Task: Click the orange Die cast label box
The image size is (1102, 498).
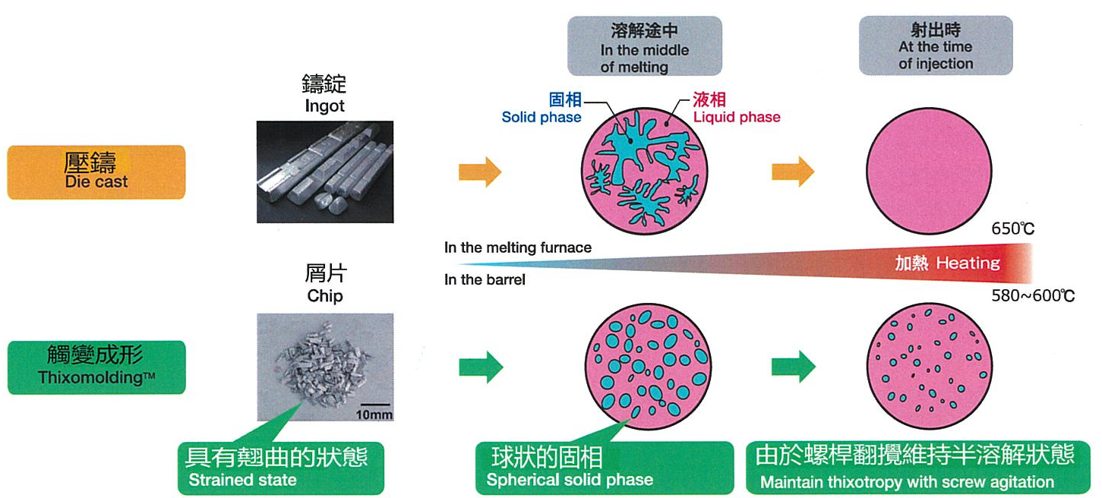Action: pos(96,172)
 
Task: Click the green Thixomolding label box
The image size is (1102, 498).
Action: pos(96,367)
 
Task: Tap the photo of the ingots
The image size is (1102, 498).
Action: pos(325,172)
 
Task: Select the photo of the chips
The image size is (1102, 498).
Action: pos(325,367)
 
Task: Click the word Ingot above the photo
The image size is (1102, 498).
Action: pos(325,106)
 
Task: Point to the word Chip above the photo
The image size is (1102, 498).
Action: pos(325,295)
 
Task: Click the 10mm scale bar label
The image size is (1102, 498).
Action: pos(374,415)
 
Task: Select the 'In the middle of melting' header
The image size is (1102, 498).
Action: pos(645,46)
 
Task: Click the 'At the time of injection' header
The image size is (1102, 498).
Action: pos(936,46)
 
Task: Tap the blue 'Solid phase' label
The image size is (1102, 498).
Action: pos(542,117)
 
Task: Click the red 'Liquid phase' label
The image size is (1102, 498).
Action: pos(737,117)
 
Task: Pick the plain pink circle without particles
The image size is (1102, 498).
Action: pos(929,171)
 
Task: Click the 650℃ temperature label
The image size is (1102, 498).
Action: pos(1013,229)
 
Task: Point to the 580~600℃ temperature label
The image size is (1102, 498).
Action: pos(1033,295)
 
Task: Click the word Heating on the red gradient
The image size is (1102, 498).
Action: pos(968,263)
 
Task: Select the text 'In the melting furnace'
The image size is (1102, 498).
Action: pos(517,247)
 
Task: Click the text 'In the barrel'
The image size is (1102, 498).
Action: pos(485,279)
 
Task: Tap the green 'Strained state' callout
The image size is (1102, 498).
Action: pos(281,468)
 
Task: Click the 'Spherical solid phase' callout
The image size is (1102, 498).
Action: pos(604,468)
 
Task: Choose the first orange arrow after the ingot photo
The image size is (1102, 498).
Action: pos(480,172)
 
